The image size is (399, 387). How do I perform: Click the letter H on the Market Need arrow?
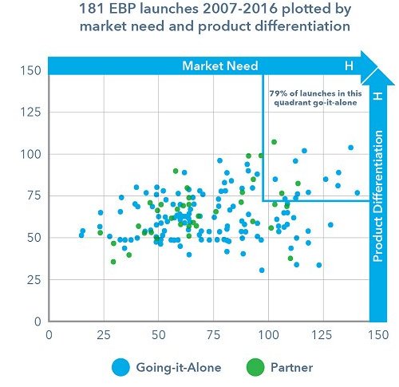[x=347, y=65]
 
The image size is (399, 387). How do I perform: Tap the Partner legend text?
[x=291, y=367]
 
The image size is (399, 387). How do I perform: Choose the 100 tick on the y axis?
[x=30, y=154]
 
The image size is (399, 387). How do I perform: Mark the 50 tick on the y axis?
[x=34, y=238]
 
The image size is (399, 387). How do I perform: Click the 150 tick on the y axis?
[x=30, y=70]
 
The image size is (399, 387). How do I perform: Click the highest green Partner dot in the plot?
[x=274, y=142]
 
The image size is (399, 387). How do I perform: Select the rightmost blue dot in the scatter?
[x=357, y=192]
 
